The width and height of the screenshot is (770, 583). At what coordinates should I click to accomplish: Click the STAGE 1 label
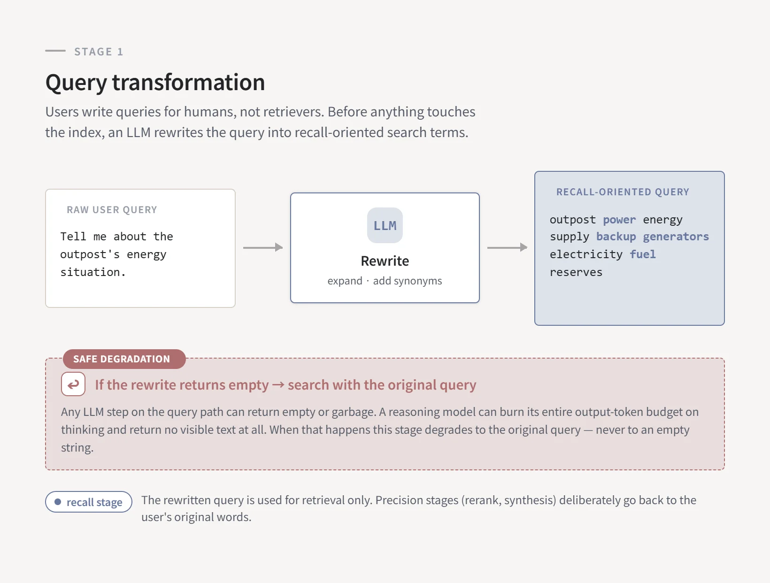[99, 52]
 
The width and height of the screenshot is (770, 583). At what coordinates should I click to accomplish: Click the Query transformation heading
[155, 83]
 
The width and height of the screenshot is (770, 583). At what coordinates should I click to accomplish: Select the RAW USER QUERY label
[112, 210]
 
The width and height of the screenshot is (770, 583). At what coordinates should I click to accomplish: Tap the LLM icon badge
[385, 225]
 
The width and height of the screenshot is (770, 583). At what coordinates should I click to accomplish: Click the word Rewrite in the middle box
[385, 261]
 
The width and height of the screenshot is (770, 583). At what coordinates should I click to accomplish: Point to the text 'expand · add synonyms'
[385, 281]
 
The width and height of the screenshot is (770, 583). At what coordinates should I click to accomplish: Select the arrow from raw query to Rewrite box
[263, 247]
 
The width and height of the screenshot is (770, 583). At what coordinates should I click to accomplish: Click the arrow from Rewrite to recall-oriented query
[507, 247]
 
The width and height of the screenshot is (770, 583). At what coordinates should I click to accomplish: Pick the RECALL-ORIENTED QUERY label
[623, 192]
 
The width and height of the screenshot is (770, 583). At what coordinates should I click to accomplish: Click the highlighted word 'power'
[619, 220]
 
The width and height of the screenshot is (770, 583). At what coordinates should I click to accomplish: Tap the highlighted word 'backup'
[616, 237]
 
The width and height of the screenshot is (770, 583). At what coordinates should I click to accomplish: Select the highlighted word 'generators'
[676, 237]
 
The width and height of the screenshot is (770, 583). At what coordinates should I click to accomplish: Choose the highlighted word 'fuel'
[642, 254]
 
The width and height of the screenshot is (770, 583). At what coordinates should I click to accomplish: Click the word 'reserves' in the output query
[576, 272]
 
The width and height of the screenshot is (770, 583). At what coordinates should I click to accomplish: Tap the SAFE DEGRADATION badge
[124, 359]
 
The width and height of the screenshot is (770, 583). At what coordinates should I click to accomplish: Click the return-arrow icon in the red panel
[73, 384]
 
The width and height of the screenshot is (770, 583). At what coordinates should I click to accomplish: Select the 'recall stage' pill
[89, 502]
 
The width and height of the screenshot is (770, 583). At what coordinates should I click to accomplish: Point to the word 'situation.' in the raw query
[93, 272]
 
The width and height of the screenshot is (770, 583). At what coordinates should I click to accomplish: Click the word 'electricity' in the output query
[586, 254]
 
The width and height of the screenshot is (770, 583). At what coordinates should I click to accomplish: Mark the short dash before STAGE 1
[55, 51]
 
